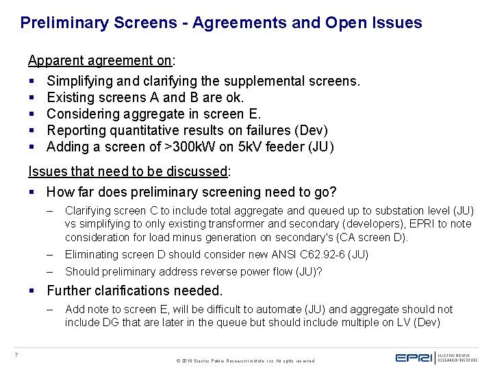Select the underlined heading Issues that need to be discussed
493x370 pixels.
[x=128, y=171]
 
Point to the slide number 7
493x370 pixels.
[x=15, y=354]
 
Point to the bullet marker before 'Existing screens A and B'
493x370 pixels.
[x=31, y=97]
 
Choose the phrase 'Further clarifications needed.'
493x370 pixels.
[x=134, y=291]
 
